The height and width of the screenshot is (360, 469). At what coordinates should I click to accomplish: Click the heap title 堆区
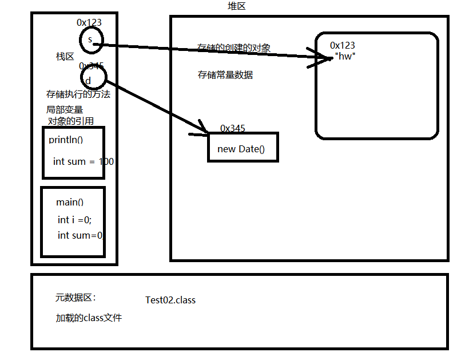tap(237, 6)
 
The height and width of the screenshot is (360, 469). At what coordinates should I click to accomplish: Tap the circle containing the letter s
tap(90, 39)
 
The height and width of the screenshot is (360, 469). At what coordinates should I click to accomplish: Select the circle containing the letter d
tap(93, 79)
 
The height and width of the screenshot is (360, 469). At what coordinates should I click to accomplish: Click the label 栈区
tap(65, 57)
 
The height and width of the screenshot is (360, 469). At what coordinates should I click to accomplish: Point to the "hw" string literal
tap(345, 57)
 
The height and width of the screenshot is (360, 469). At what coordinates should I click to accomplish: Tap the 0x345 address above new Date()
tap(232, 128)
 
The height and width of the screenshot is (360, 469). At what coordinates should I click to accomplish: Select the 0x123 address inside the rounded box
tap(342, 46)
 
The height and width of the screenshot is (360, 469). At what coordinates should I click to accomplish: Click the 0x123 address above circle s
tap(89, 23)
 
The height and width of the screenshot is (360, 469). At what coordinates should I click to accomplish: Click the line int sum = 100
tap(83, 161)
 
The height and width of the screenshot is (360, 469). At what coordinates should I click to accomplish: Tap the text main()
tap(70, 202)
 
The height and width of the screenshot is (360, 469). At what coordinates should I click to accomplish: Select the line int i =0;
tap(74, 220)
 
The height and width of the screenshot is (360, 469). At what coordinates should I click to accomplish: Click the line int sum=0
tap(80, 235)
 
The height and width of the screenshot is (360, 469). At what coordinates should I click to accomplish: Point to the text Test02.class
tap(170, 300)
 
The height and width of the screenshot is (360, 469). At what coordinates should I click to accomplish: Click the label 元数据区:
tap(75, 298)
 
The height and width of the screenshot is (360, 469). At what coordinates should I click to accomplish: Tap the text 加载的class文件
tap(88, 318)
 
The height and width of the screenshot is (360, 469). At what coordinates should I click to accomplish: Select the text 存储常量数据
tap(225, 75)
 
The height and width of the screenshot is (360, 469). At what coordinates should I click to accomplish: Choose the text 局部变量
tap(65, 109)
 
